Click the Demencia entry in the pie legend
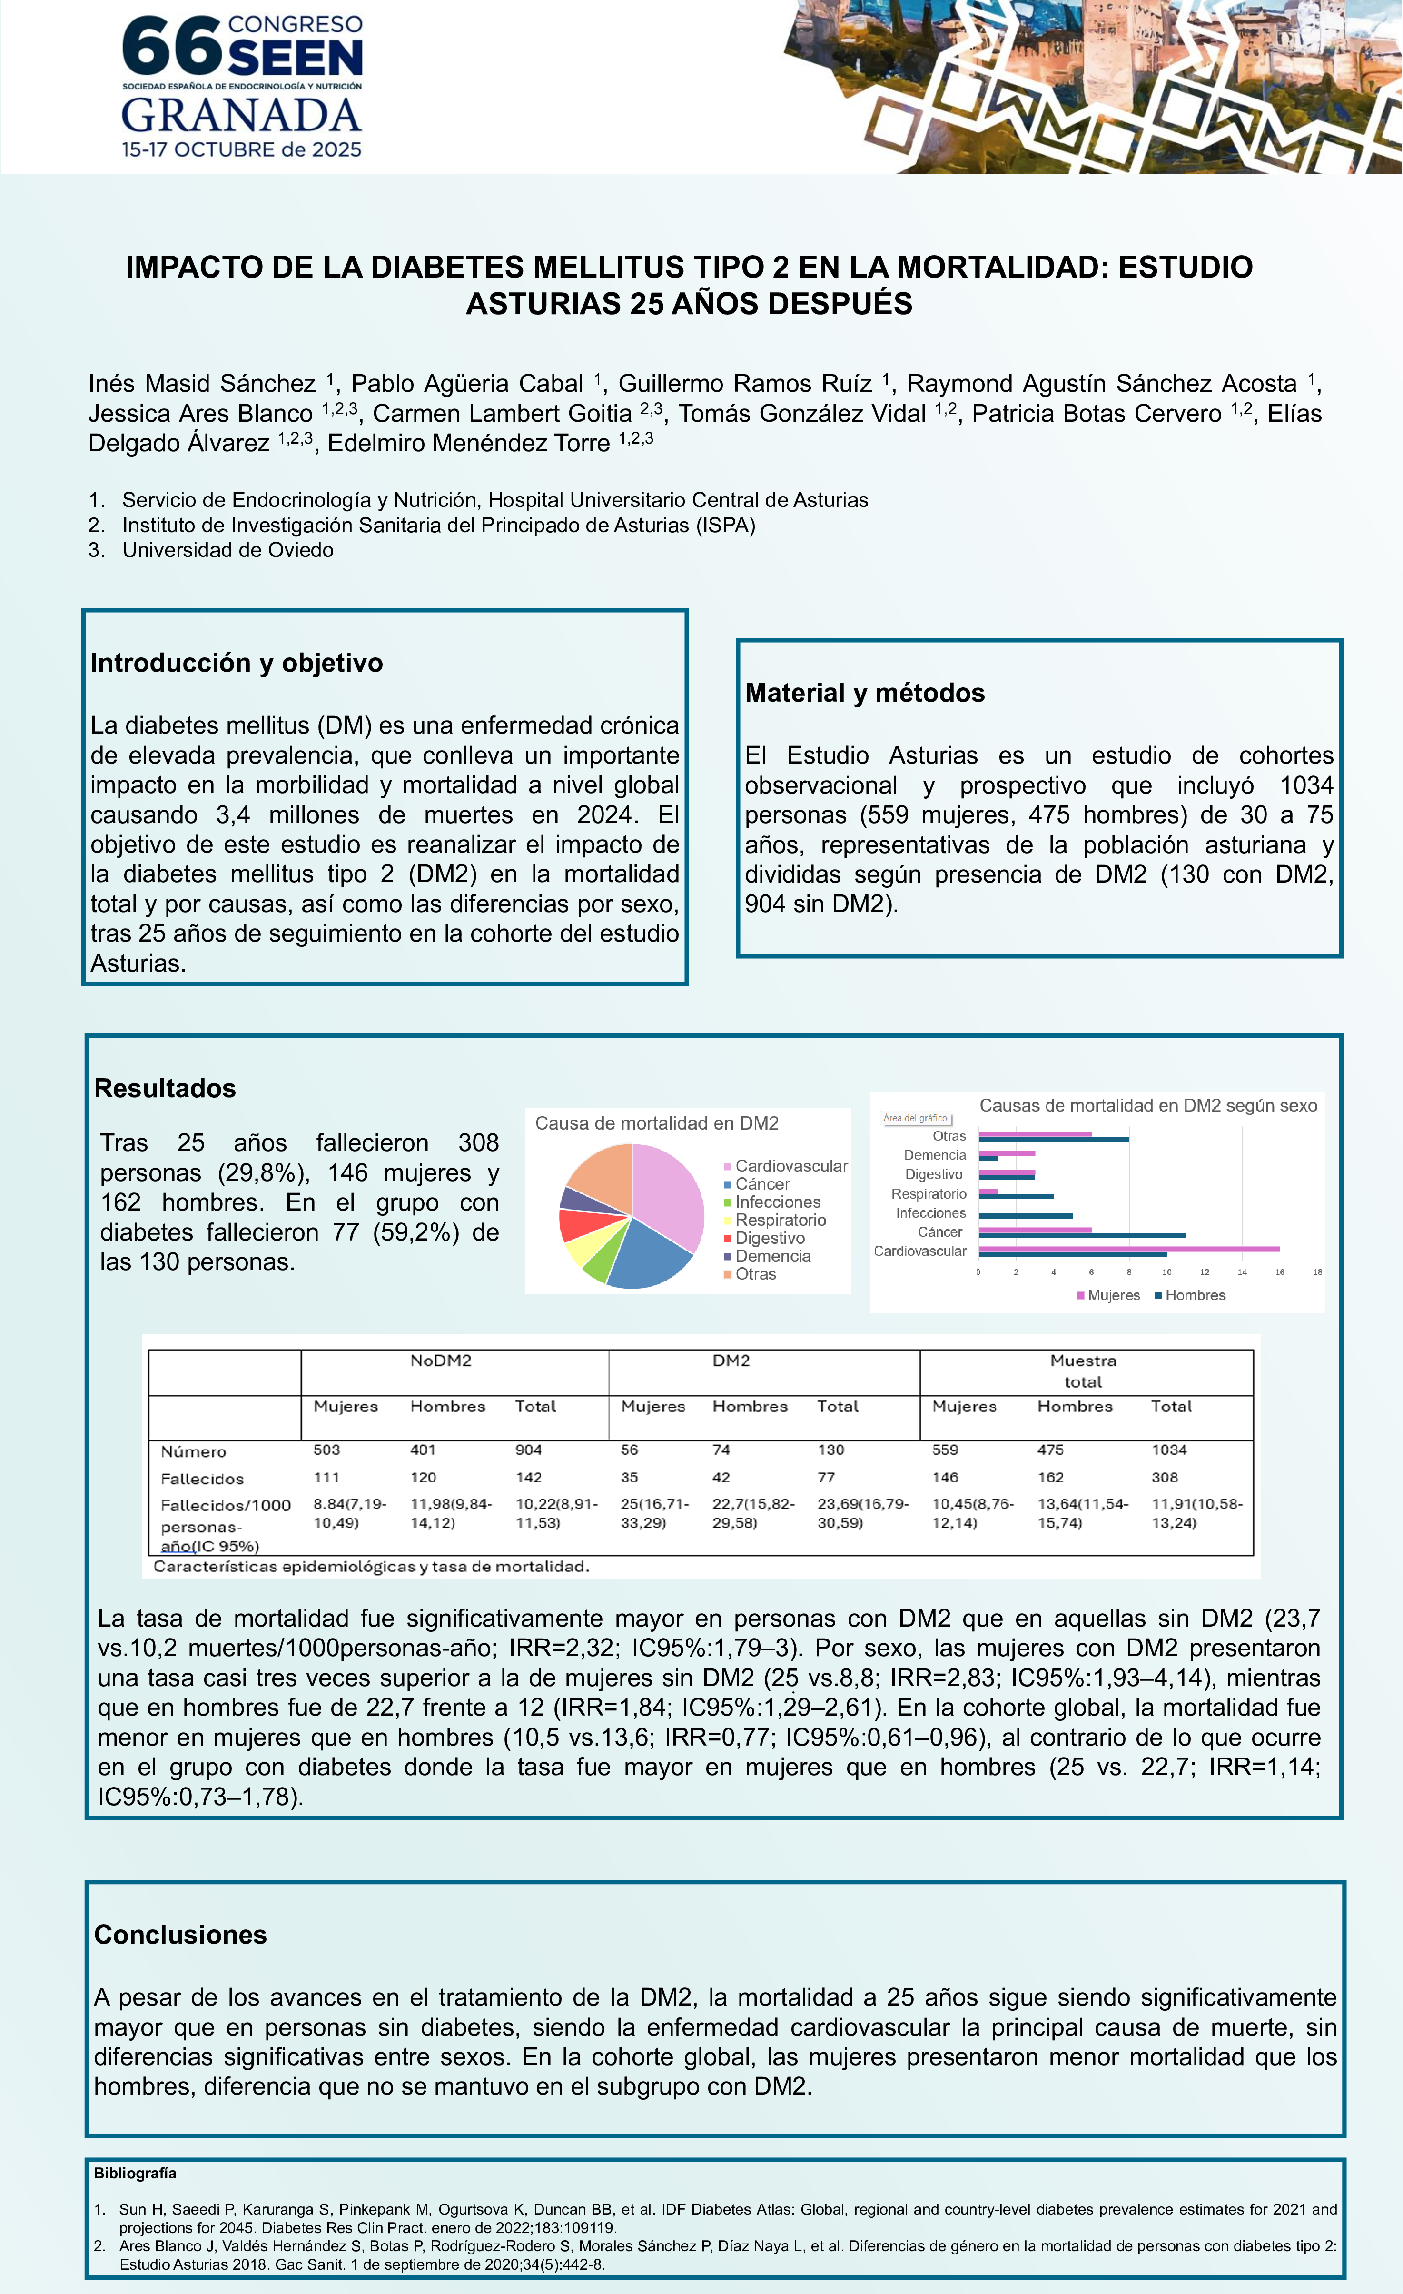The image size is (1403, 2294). tap(773, 1256)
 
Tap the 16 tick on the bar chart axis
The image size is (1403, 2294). tap(1279, 1272)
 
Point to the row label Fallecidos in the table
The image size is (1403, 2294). tap(202, 1479)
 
